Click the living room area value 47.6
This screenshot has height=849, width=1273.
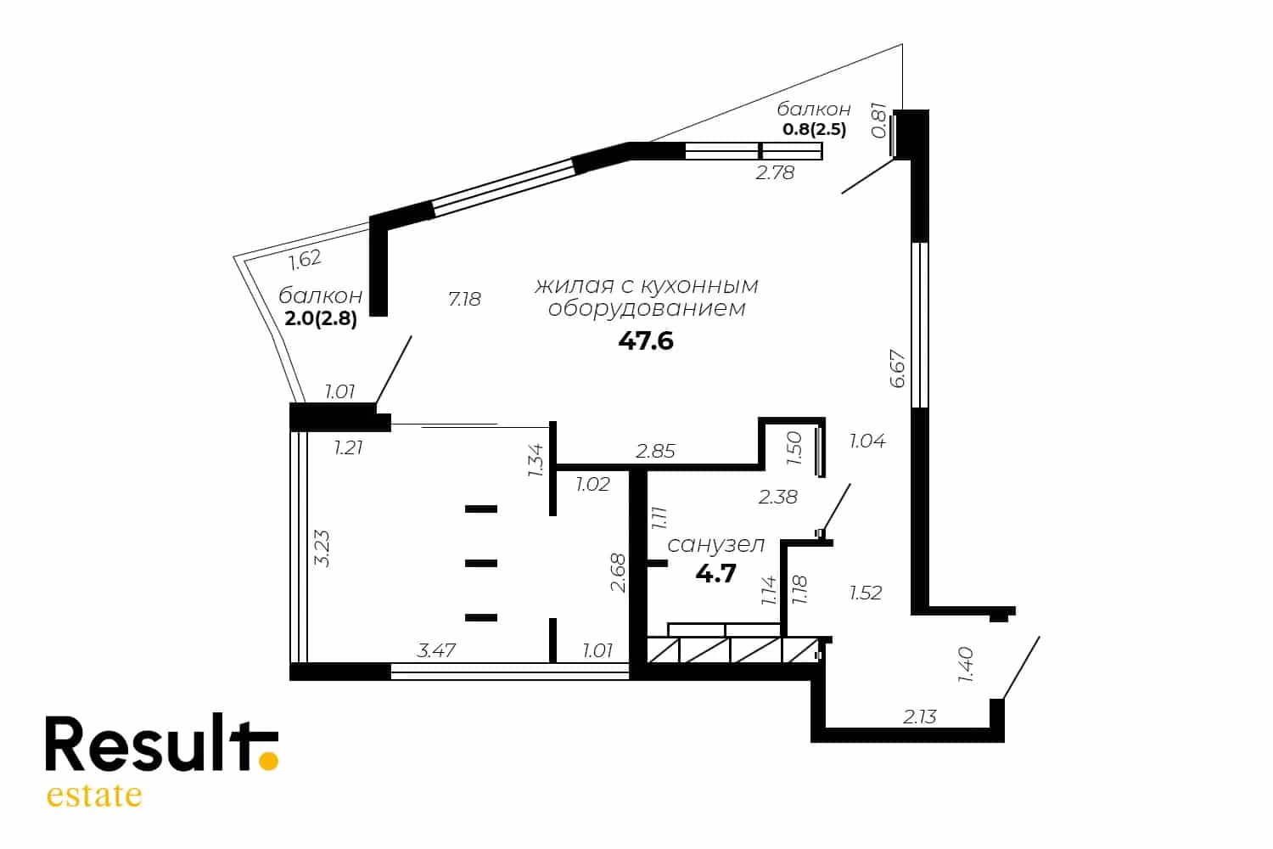point(646,341)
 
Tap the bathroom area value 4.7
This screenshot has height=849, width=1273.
point(715,573)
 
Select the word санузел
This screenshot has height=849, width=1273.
point(715,545)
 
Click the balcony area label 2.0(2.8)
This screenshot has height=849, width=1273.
point(321,318)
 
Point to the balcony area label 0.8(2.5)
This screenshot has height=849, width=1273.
point(814,129)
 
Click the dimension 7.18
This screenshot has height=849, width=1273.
point(464,299)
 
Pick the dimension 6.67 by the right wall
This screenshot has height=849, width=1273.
point(897,368)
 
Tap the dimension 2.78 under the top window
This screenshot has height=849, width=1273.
point(775,172)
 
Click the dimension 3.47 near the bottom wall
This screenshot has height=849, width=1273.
point(436,650)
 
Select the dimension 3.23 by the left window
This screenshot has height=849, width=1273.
point(322,548)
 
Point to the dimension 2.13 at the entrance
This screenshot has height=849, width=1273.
point(919,717)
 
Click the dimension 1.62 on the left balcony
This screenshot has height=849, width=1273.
point(306,260)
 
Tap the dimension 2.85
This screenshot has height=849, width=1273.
point(655,451)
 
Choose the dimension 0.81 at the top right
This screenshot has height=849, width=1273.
point(878,120)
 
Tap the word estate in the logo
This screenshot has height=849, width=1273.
point(93,795)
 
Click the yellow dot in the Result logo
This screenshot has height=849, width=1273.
point(268,761)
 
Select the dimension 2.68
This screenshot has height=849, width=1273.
point(618,573)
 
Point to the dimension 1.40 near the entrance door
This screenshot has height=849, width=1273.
point(966,664)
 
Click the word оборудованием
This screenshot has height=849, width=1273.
point(647,309)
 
